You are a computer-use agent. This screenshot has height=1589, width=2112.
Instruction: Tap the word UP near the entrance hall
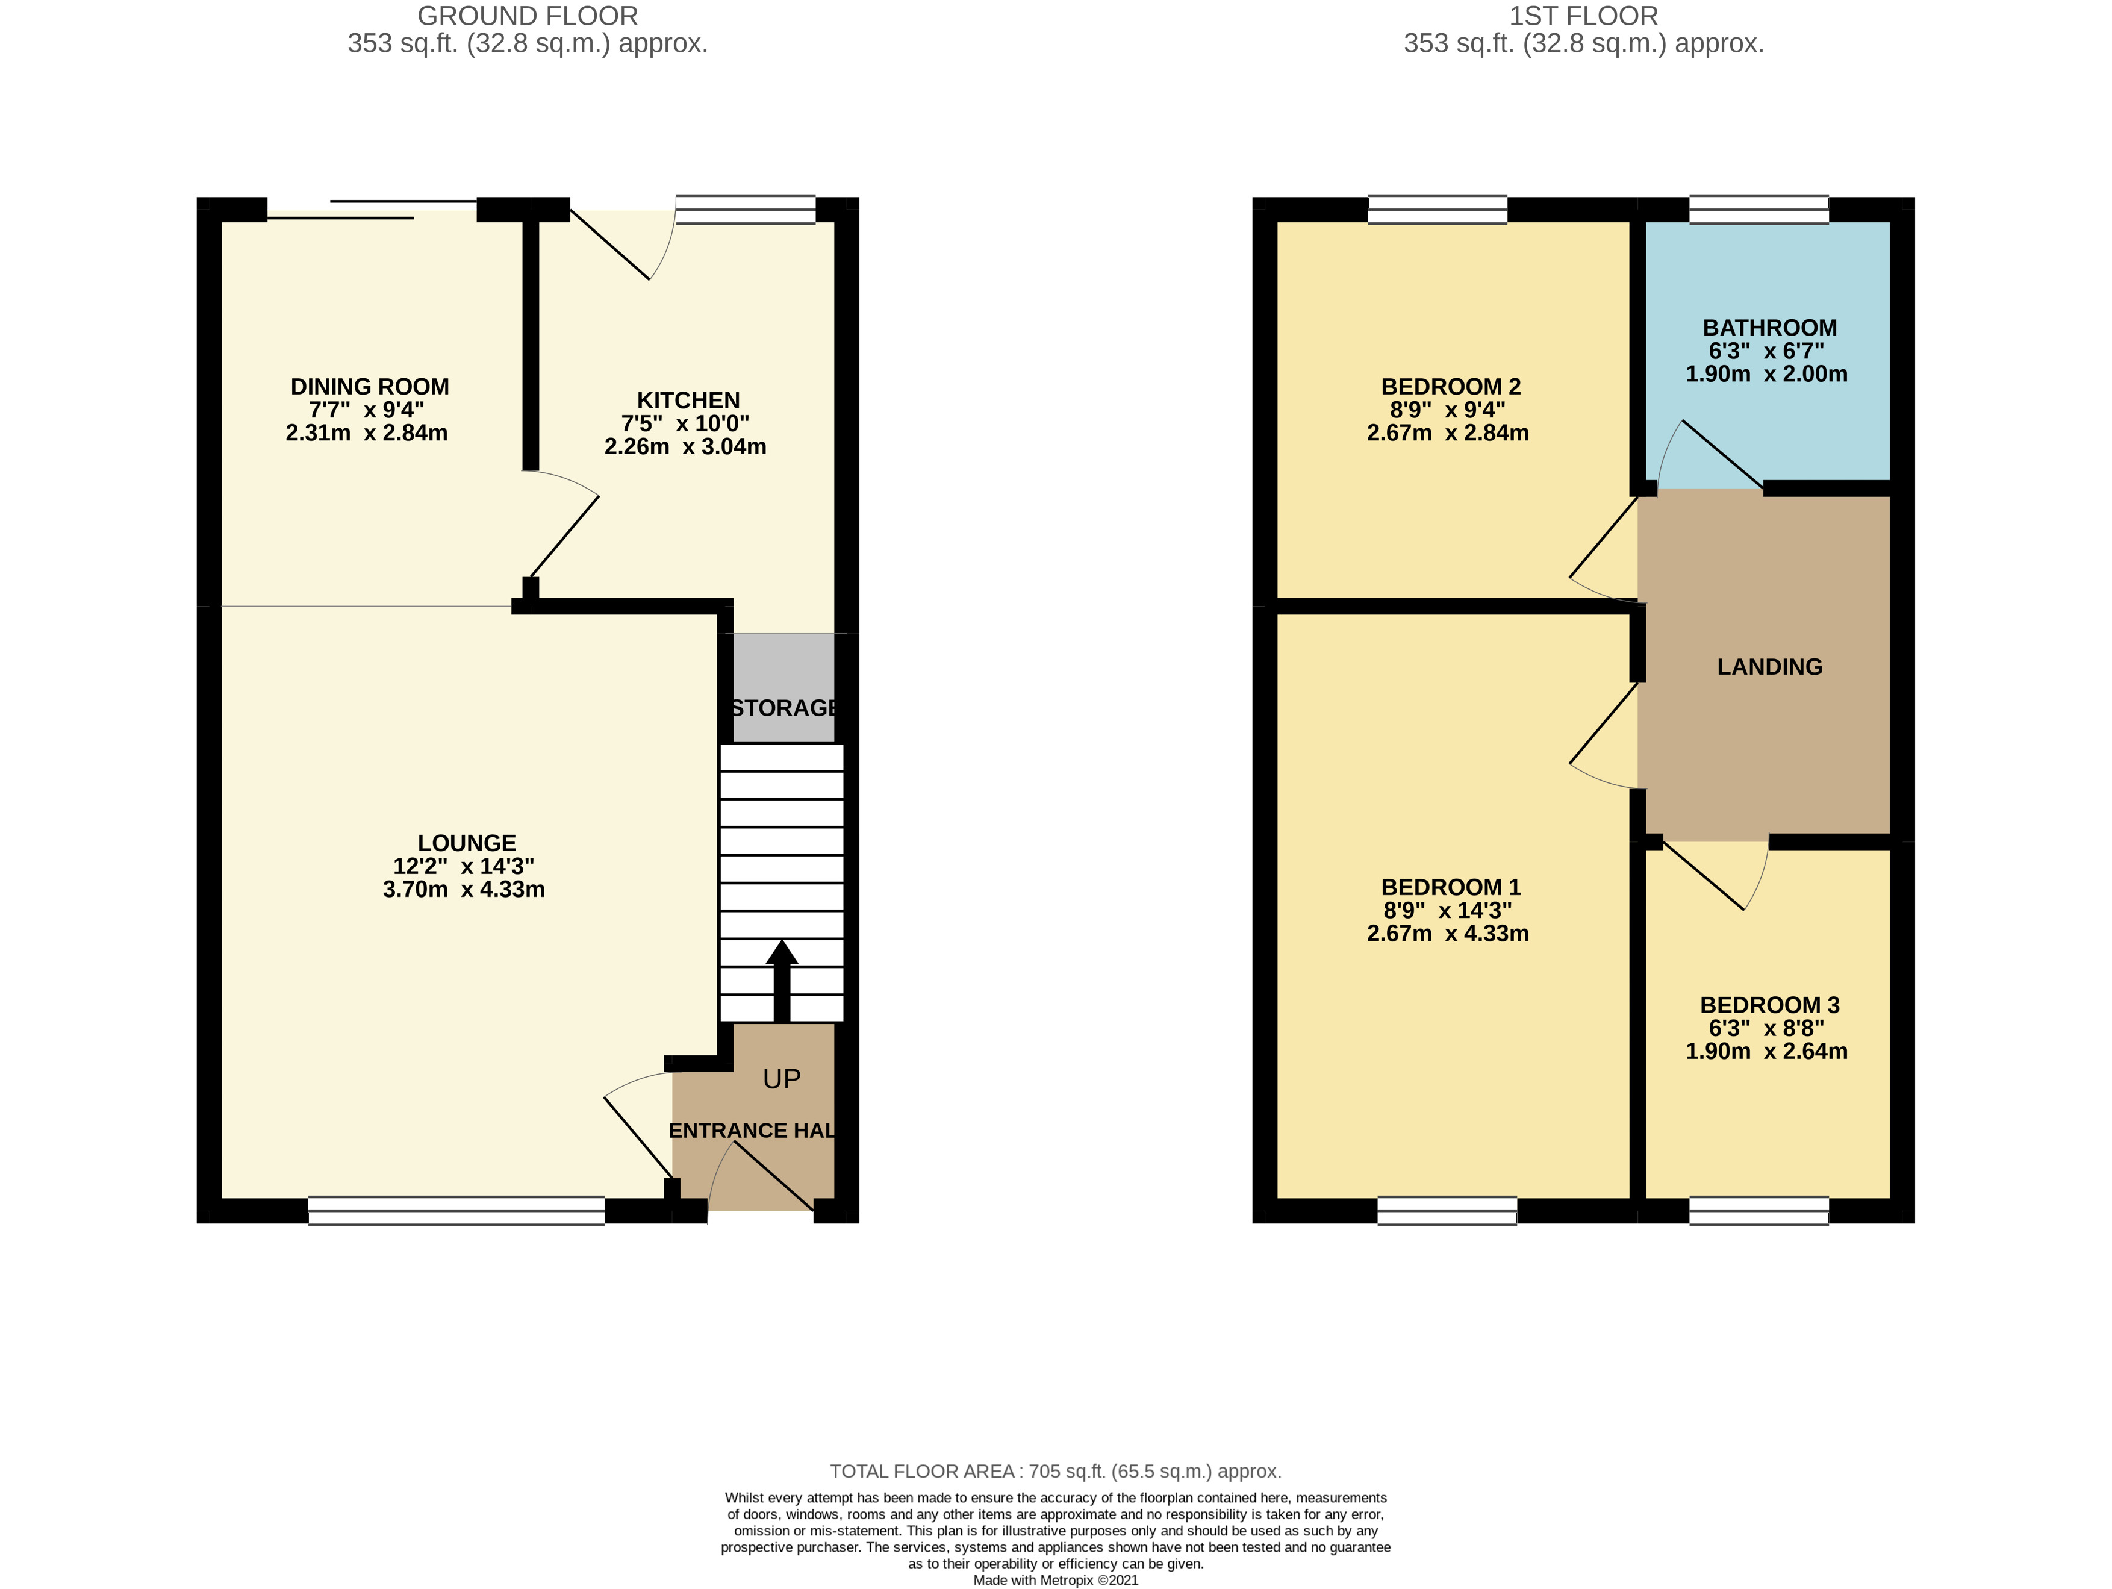(x=781, y=1079)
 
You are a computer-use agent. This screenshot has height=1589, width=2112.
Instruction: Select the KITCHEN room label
(x=688, y=400)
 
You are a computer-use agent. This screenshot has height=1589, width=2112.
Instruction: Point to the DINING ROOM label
(x=370, y=387)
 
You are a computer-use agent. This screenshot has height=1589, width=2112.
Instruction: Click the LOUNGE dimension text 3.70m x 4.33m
(x=464, y=889)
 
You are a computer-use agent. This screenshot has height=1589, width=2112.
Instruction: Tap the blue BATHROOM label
(x=1769, y=328)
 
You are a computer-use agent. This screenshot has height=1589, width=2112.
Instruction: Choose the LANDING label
(x=1769, y=667)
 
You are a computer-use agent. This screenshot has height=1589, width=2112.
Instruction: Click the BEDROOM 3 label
(x=1769, y=1005)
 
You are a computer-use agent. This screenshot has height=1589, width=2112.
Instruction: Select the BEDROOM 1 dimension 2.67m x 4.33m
(x=1448, y=933)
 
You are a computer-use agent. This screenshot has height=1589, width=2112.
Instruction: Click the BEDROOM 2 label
(x=1450, y=387)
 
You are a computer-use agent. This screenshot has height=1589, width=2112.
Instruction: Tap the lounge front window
(x=456, y=1211)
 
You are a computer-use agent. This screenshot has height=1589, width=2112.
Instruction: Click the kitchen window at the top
(x=746, y=209)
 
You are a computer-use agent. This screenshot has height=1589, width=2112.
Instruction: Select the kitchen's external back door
(x=616, y=243)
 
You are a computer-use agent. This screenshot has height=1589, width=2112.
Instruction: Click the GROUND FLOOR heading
(x=527, y=16)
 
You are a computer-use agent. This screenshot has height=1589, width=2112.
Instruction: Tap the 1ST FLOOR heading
(x=1583, y=16)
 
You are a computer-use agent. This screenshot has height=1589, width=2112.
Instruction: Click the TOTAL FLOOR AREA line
(x=1055, y=1472)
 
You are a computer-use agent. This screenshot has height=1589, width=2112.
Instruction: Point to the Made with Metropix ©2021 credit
(x=1055, y=1581)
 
